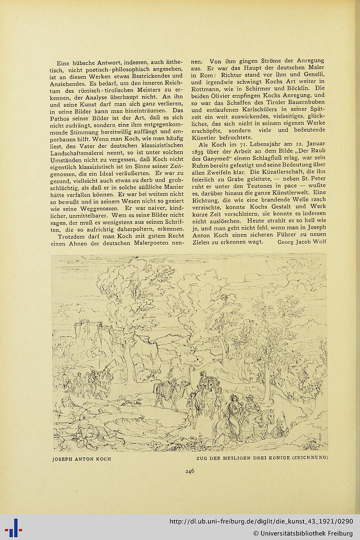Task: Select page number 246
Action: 189,472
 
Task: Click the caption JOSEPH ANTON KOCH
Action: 81,458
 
